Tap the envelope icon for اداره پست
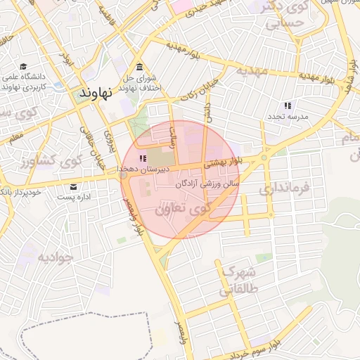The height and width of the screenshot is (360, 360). [x=74, y=186]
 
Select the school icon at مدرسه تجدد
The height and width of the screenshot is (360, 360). [x=288, y=105]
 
